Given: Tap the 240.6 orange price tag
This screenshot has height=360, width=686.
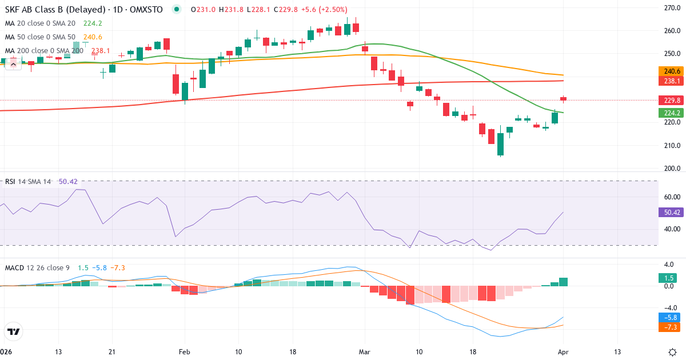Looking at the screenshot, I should click(670, 71).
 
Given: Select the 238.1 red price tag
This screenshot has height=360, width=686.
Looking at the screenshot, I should click(670, 81).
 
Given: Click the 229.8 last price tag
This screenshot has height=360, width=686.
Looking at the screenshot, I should click(670, 100).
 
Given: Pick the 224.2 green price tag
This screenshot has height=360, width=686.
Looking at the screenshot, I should click(670, 113).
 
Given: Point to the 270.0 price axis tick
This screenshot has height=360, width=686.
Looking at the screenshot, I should click(671, 7).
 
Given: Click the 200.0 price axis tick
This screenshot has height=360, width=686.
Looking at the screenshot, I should click(671, 169).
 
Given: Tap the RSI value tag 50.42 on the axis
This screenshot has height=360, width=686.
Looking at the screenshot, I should click(670, 212).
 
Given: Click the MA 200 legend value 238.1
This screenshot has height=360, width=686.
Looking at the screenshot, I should click(99, 50).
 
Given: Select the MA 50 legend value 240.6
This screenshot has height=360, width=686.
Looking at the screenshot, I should click(92, 37).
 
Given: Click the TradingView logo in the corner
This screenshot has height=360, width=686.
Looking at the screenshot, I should click(14, 331).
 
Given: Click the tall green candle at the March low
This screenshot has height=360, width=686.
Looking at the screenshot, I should click(501, 144).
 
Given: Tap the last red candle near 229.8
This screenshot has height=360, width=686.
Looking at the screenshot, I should click(563, 99).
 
